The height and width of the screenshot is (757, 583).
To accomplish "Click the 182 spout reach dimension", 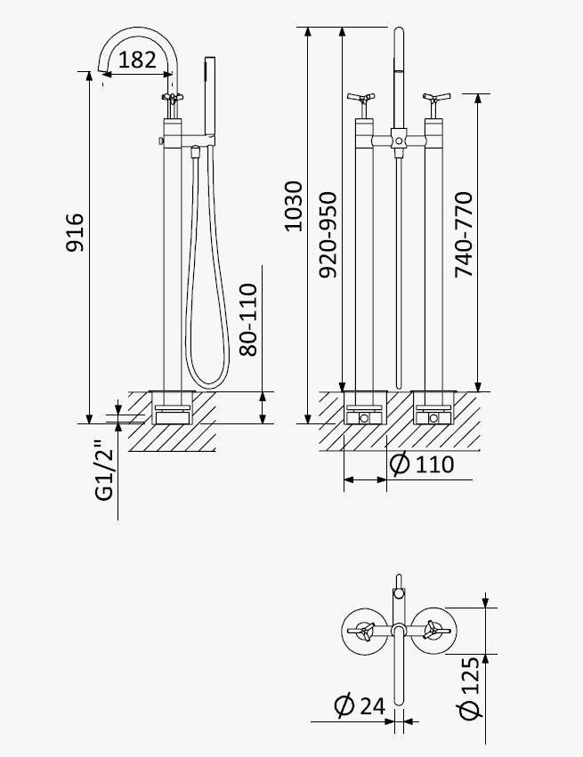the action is [137, 60].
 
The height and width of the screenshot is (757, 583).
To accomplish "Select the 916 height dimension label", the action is [75, 232].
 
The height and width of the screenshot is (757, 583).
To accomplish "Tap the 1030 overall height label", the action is [293, 206].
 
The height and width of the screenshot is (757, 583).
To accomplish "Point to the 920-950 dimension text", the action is [328, 235].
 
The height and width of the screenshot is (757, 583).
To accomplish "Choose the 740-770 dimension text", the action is [464, 235].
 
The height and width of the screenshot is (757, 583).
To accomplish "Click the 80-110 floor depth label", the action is [248, 319].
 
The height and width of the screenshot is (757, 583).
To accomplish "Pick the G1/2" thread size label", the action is [104, 471].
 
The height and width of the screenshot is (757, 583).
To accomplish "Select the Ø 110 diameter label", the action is [422, 464].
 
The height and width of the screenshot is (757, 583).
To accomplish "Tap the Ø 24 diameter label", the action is [360, 705].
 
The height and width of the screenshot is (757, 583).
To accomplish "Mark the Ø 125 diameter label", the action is [470, 687].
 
